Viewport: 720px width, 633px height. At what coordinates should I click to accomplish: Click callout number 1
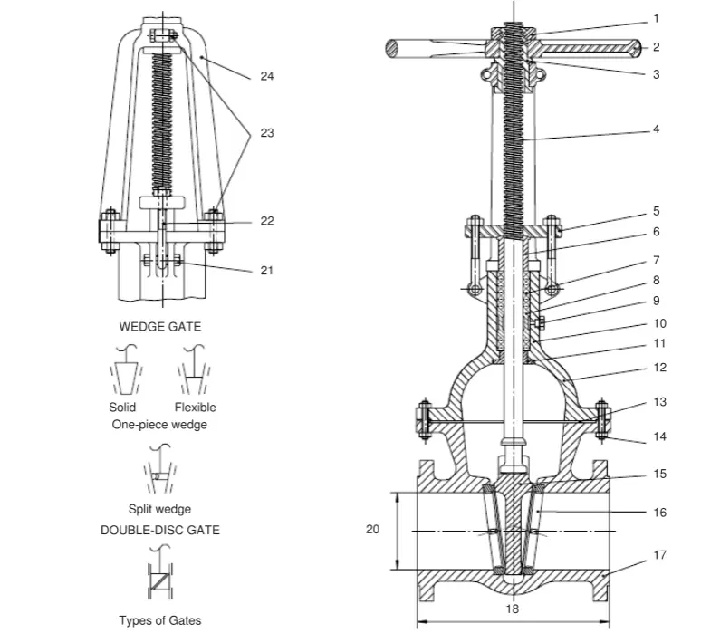tap(656, 18)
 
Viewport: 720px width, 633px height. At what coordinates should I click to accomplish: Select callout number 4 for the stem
tap(656, 129)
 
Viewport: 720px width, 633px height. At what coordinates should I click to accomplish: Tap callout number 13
tap(659, 401)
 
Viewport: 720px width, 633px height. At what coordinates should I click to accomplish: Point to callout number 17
tap(659, 555)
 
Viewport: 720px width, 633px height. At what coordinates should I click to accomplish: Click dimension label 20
tap(372, 530)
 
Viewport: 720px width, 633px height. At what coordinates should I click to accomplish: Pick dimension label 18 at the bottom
tap(513, 609)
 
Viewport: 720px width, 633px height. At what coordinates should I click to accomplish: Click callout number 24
tap(266, 76)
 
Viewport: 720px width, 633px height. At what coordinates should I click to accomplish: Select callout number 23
tap(266, 133)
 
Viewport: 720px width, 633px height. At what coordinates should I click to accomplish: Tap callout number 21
tap(266, 270)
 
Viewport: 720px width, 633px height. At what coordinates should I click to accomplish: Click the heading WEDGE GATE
tap(160, 326)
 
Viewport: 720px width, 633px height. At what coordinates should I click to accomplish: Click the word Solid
tap(122, 408)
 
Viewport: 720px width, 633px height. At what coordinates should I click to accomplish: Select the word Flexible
tap(196, 408)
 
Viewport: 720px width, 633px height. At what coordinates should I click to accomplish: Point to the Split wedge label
tap(160, 509)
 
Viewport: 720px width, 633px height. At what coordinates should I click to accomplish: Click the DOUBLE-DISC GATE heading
tap(160, 530)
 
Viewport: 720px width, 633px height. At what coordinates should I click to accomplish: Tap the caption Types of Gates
tap(160, 620)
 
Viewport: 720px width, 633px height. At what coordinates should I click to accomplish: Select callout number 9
tap(656, 301)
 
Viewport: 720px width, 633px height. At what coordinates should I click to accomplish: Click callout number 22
tap(266, 221)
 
